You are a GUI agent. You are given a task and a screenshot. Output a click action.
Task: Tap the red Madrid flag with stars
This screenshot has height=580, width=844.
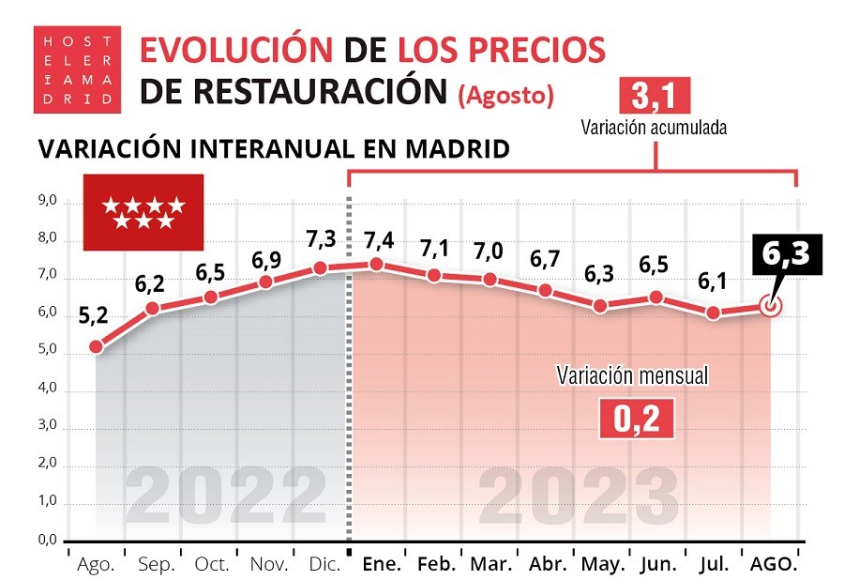(143, 212)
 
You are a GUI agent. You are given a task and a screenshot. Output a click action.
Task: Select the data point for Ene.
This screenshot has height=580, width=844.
(375, 264)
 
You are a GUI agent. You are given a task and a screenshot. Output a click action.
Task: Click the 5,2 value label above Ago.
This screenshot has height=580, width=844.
(94, 316)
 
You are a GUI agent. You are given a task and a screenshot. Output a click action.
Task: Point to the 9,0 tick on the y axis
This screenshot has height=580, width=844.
(48, 202)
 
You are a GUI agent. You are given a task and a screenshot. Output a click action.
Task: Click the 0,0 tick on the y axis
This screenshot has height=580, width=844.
(48, 541)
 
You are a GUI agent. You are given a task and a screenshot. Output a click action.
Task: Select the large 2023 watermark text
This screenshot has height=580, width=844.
(579, 496)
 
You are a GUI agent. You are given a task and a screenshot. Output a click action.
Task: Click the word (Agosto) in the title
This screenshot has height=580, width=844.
(505, 95)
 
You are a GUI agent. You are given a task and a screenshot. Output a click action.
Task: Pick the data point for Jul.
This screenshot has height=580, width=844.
(714, 313)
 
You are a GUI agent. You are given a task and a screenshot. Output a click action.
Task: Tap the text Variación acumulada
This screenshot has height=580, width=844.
(654, 127)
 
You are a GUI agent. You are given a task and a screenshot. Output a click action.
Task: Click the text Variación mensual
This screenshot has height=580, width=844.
(632, 375)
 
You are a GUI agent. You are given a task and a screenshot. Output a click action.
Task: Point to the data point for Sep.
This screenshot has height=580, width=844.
(152, 308)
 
